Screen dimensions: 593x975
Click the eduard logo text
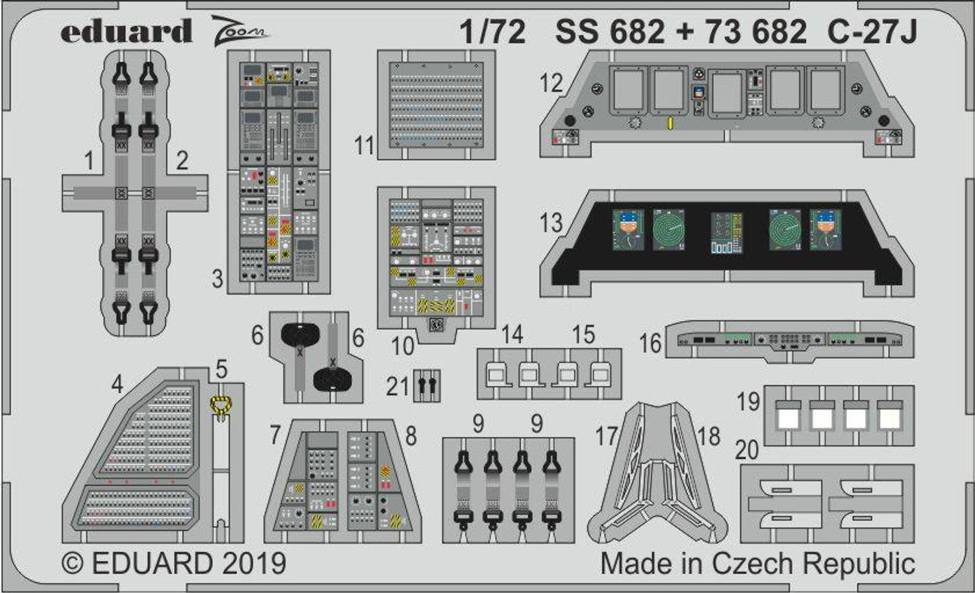(126, 31)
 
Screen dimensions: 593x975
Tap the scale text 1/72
(492, 32)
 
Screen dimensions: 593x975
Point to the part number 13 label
(552, 223)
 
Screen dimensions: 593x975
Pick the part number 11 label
(365, 145)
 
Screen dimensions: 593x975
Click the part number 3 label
(218, 280)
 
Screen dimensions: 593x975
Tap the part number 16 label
(651, 343)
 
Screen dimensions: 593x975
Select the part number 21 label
(398, 387)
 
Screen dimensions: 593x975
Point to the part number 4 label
(117, 385)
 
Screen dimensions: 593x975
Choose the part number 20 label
(750, 451)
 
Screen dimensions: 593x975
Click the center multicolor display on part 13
(726, 231)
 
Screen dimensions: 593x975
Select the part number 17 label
(606, 437)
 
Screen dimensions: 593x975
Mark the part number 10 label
(404, 345)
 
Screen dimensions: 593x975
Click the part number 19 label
(750, 400)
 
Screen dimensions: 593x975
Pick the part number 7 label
(275, 436)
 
